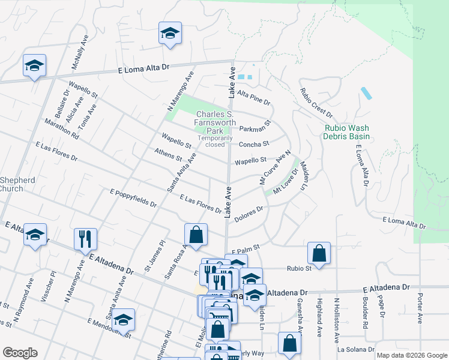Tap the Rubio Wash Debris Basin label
point(347,132)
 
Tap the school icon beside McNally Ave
point(34,65)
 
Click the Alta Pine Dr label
point(253,94)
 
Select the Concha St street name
point(253,144)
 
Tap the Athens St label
point(167,155)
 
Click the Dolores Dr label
point(249,214)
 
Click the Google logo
point(20,353)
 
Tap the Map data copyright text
point(411,355)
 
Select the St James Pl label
point(154,256)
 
